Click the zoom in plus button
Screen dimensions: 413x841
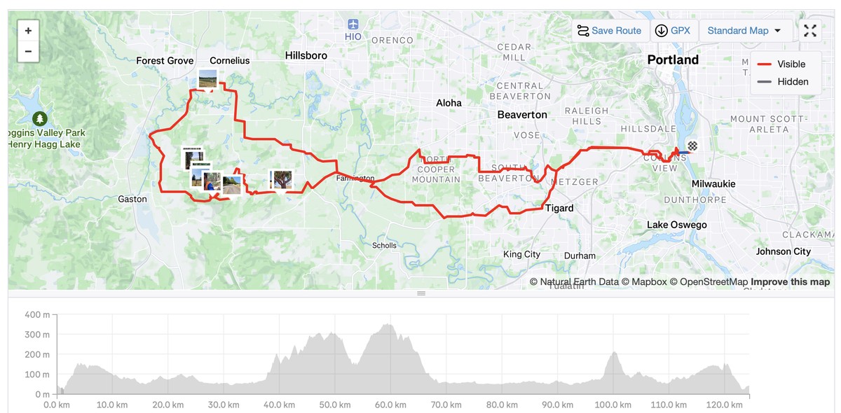pyautogui.click(x=28, y=31)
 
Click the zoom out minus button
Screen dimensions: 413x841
pyautogui.click(x=28, y=51)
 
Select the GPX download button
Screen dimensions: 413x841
pyautogui.click(x=672, y=31)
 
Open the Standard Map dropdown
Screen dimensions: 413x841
pyautogui.click(x=744, y=31)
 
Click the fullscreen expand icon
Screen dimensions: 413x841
pyautogui.click(x=810, y=31)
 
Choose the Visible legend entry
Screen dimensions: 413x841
pyautogui.click(x=782, y=64)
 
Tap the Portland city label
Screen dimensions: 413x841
pyautogui.click(x=673, y=60)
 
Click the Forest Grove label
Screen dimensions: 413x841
pyautogui.click(x=165, y=61)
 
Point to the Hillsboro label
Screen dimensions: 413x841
pyautogui.click(x=306, y=55)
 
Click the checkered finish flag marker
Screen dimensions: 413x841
pyautogui.click(x=693, y=146)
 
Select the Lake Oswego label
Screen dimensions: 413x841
pyautogui.click(x=676, y=225)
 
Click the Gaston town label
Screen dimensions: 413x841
pyautogui.click(x=132, y=199)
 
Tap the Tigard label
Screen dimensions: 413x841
pyautogui.click(x=559, y=208)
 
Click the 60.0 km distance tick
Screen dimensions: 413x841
pyautogui.click(x=391, y=405)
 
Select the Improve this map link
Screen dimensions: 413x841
pyautogui.click(x=790, y=282)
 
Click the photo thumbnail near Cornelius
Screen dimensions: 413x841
pyautogui.click(x=207, y=79)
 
